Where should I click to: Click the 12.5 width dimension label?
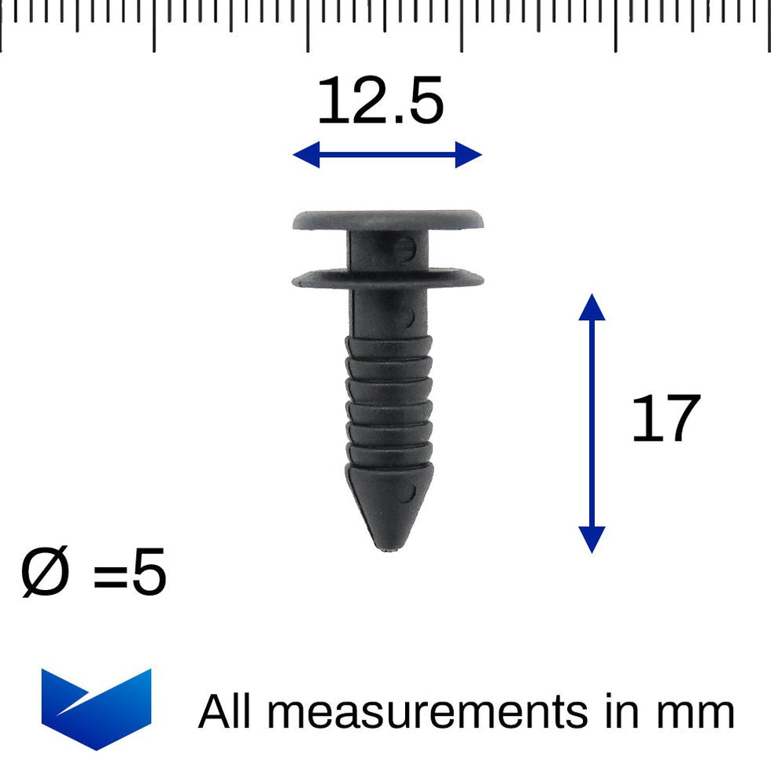[x=381, y=102]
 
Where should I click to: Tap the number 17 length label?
[x=665, y=420]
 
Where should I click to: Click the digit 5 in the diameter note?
[x=149, y=574]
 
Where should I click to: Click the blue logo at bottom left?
[x=96, y=706]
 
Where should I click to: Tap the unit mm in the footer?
[x=695, y=714]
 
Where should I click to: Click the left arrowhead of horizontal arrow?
[x=304, y=155]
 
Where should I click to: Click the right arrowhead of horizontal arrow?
[x=470, y=155]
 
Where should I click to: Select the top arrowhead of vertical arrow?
[x=592, y=304]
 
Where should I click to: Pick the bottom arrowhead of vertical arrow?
[x=592, y=541]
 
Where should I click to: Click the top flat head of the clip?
[x=388, y=219]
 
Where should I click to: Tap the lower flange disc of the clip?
[x=388, y=279]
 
